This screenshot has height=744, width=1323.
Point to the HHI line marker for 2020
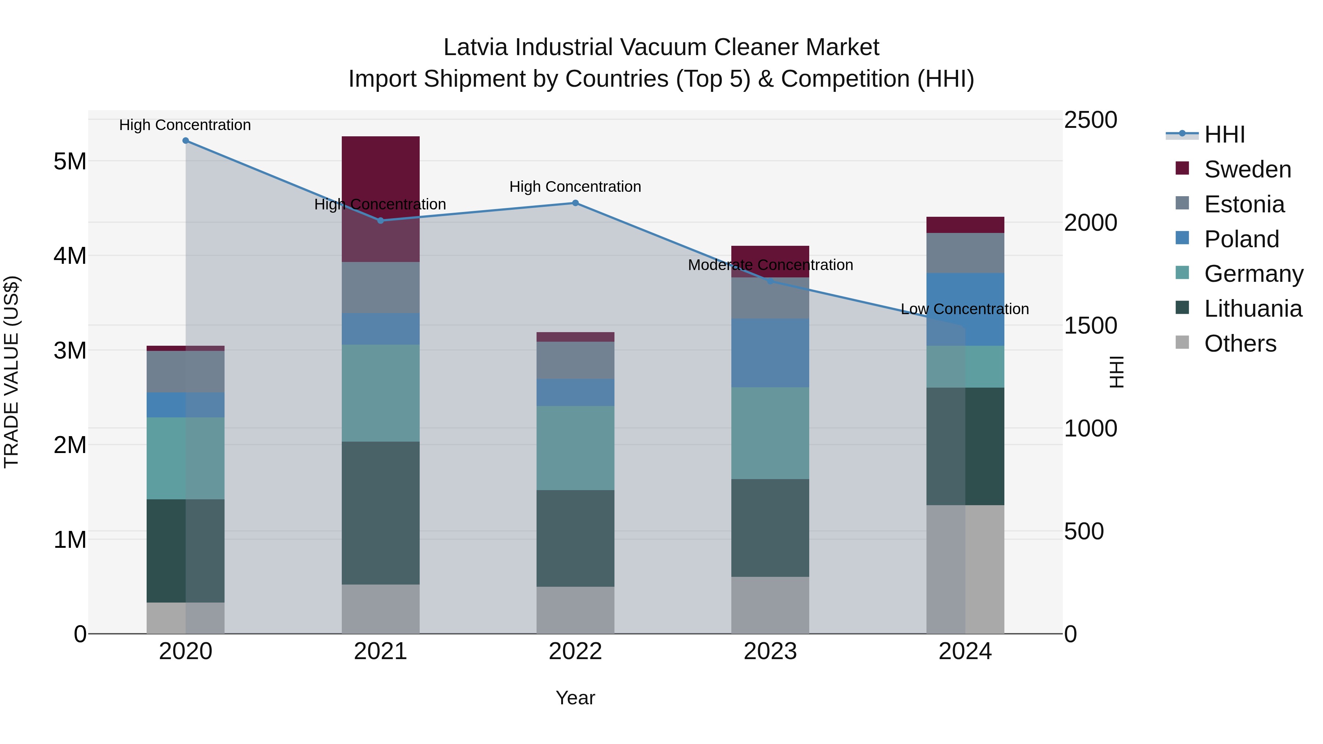pyautogui.click(x=186, y=141)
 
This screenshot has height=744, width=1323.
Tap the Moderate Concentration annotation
pyautogui.click(x=770, y=265)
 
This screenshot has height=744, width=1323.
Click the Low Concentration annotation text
pyautogui.click(x=965, y=309)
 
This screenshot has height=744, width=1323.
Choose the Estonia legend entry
pyautogui.click(x=1244, y=204)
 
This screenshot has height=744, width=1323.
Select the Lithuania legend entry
pyautogui.click(x=1253, y=309)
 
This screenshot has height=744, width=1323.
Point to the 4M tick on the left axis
pyautogui.click(x=70, y=256)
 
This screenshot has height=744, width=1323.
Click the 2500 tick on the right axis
pyautogui.click(x=1090, y=120)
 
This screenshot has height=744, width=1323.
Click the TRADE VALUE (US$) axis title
pyautogui.click(x=11, y=372)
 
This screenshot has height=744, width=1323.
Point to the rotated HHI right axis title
pyautogui.click(x=1116, y=372)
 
